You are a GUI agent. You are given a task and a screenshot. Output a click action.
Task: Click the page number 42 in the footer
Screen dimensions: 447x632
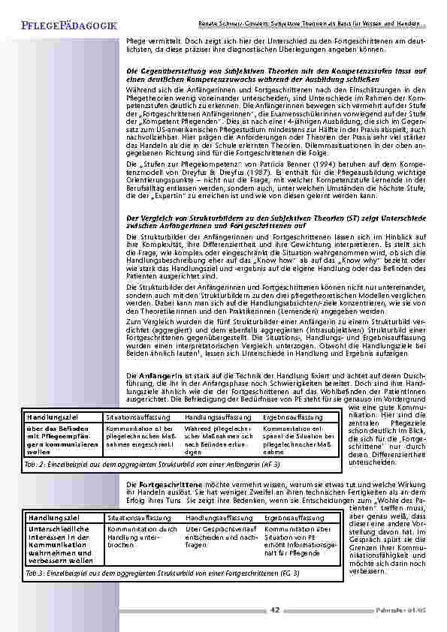click(x=274, y=610)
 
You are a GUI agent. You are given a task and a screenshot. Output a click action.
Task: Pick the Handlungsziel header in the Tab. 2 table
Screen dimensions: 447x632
click(x=50, y=416)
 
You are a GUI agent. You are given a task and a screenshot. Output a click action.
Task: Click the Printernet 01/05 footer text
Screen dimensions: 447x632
click(x=406, y=610)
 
